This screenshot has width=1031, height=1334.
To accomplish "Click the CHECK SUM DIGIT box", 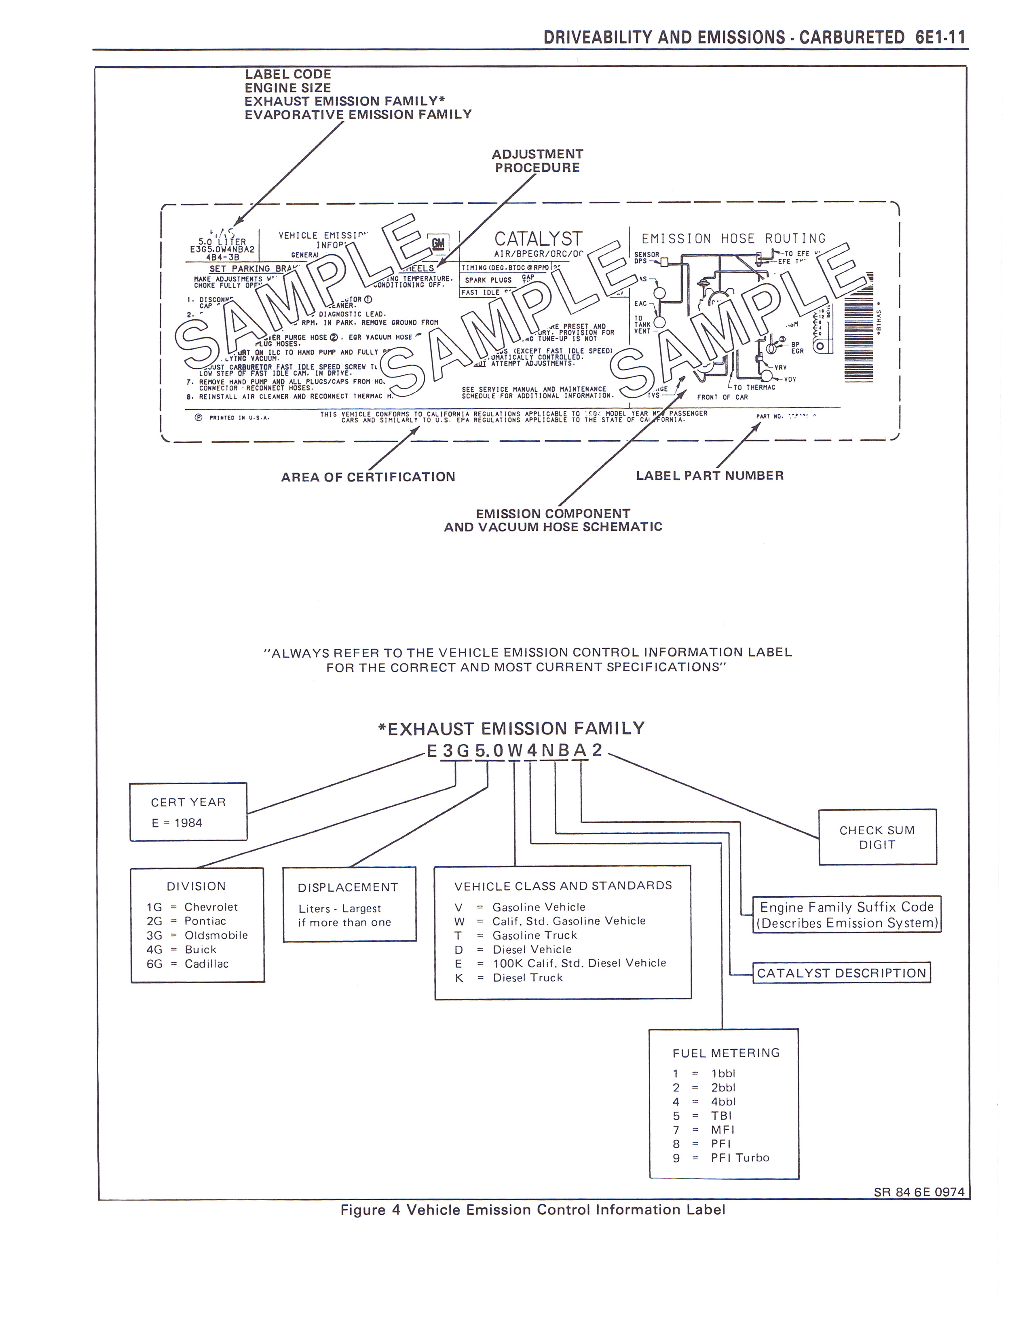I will coord(877,837).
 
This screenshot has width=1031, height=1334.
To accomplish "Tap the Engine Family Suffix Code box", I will coord(847,914).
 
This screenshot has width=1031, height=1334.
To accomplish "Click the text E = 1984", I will coord(177,823).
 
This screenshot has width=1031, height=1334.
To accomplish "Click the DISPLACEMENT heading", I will coord(348,887).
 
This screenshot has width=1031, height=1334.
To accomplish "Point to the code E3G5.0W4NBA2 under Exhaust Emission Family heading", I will coord(515,751).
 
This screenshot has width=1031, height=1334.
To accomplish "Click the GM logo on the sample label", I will coord(438,243).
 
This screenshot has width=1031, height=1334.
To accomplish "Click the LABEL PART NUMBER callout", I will coord(709,475).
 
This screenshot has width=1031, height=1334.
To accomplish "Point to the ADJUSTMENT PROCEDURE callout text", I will coord(537,160).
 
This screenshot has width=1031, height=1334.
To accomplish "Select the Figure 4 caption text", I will coord(532,1209).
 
